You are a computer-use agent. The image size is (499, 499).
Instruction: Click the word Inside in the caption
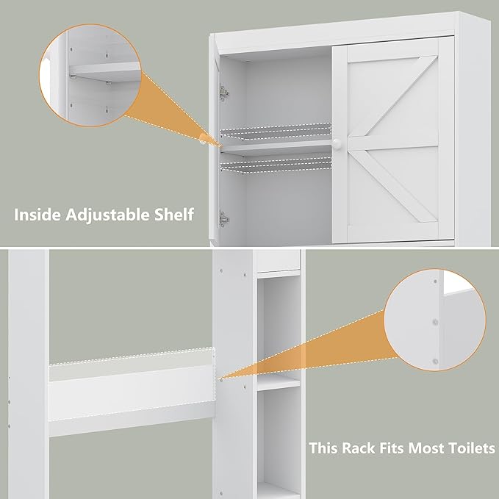click(x=36, y=215)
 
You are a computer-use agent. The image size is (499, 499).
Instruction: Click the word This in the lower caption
click(x=323, y=448)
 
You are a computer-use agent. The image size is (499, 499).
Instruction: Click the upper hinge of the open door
click(x=223, y=93)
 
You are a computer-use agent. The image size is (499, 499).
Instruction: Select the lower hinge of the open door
click(x=223, y=218)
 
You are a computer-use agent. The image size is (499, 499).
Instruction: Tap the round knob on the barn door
click(x=337, y=142)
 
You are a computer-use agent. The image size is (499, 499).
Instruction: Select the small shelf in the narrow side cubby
click(x=279, y=382)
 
